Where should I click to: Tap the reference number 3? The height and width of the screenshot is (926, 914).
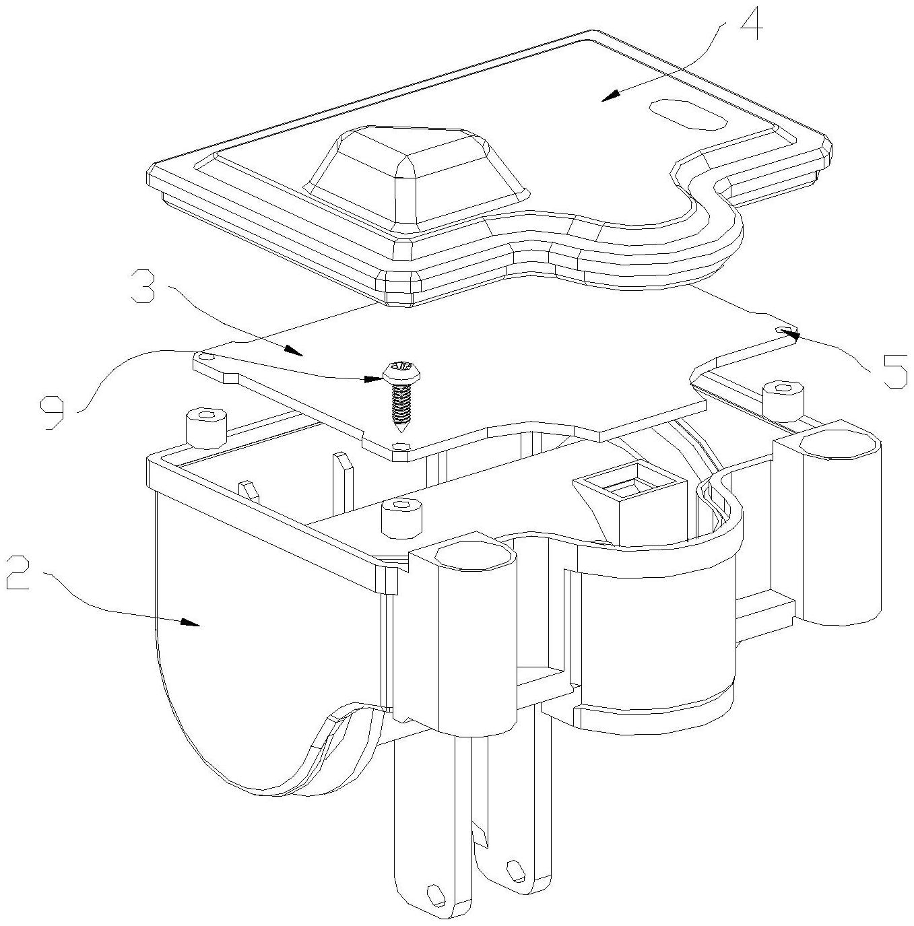(142, 286)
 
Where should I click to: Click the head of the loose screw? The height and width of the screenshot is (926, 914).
(403, 371)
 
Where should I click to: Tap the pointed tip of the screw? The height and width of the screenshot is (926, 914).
(400, 430)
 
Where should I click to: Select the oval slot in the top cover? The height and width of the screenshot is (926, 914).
(688, 114)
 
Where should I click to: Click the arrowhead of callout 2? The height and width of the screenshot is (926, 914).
(191, 623)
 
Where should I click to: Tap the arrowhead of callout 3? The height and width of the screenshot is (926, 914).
(294, 350)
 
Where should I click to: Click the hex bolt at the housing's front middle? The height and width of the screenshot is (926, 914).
(401, 519)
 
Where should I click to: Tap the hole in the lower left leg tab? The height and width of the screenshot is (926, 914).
(434, 893)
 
